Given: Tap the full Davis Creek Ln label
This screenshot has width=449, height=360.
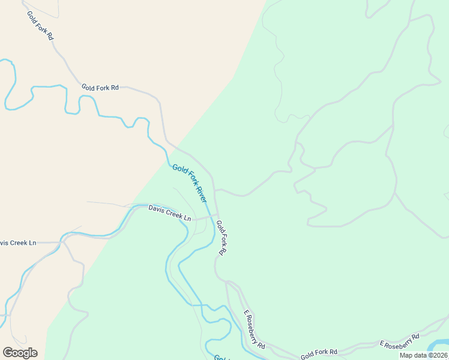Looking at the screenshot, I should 170,212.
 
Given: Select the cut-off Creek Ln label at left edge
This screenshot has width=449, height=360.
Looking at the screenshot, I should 17,242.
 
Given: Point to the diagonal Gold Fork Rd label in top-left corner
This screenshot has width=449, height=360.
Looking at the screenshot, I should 40,25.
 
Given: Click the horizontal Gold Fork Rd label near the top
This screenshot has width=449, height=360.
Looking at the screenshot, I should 100,87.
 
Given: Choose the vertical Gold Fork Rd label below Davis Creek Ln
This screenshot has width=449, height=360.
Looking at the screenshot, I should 220,238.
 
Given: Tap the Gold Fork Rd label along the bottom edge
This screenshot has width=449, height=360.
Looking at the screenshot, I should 319,354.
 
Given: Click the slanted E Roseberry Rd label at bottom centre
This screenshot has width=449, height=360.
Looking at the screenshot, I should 255,329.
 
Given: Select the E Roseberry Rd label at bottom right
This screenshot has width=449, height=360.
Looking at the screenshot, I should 399,340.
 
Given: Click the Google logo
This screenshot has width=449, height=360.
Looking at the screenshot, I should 20,353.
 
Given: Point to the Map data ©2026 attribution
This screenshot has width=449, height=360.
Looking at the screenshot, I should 423,355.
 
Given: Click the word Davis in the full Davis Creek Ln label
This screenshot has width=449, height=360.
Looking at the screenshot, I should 156,209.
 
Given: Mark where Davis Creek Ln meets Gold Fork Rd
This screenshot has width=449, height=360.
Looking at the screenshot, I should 217,215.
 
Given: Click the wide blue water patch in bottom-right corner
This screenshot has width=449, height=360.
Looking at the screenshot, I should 439,345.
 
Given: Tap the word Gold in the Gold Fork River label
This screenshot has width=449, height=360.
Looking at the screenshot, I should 178,170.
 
